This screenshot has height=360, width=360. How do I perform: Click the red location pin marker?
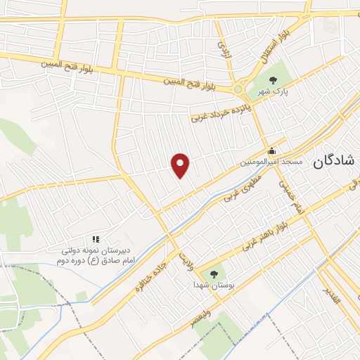(x=181, y=165)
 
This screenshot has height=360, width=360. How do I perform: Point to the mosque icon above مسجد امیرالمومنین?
(x=271, y=151)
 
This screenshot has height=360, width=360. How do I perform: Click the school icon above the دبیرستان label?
(x=96, y=240)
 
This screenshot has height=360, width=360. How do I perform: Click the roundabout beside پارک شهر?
(x=239, y=89)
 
